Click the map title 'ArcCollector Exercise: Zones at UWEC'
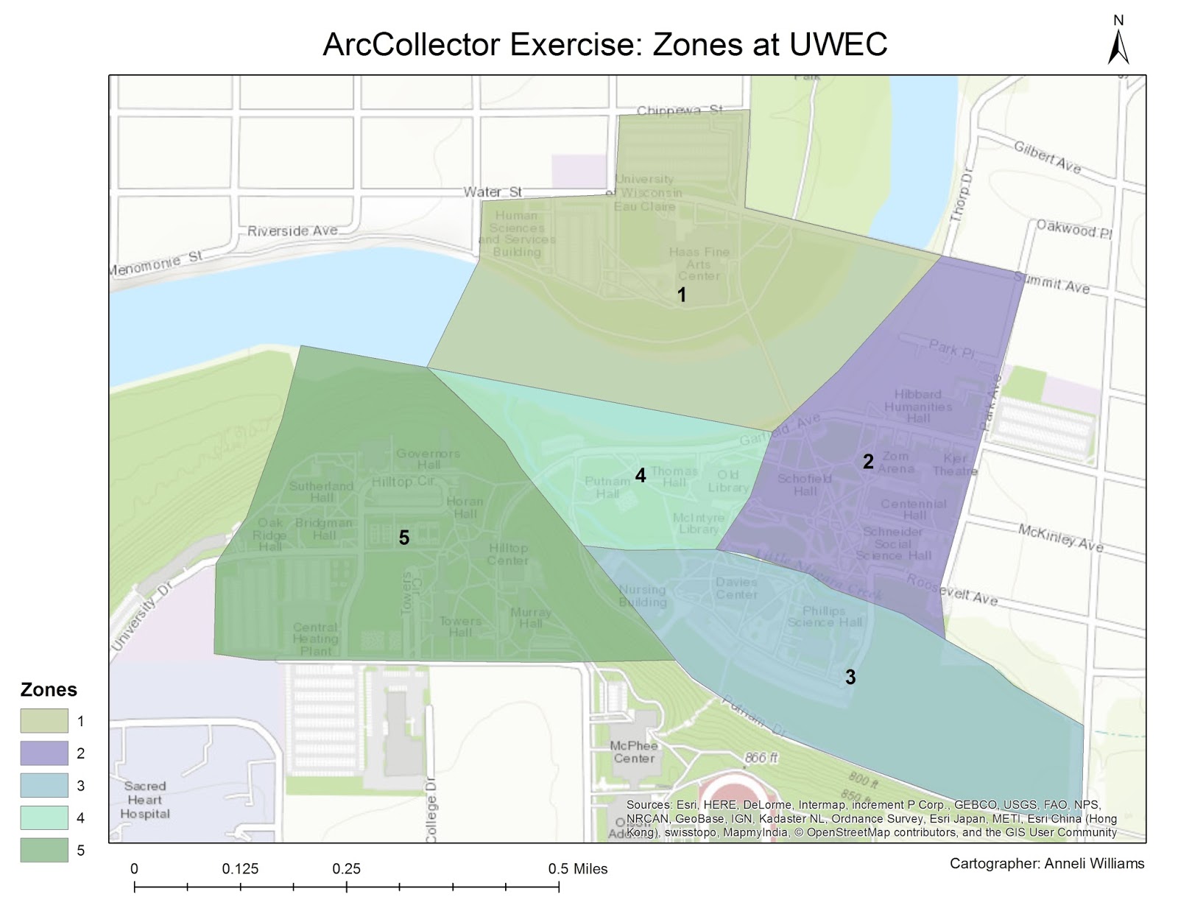pyautogui.click(x=604, y=45)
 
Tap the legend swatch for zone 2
pyautogui.click(x=44, y=753)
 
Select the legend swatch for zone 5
pyautogui.click(x=44, y=850)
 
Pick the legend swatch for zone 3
pyautogui.click(x=44, y=785)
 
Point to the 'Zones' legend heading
pyautogui.click(x=49, y=689)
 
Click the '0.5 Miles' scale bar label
pyautogui.click(x=577, y=869)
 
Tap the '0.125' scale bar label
pyautogui.click(x=240, y=869)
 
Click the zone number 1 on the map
pyautogui.click(x=682, y=295)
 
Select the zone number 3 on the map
pyautogui.click(x=850, y=677)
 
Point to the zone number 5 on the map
pyautogui.click(x=404, y=538)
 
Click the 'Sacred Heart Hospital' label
pyautogui.click(x=145, y=800)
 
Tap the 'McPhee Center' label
pyautogui.click(x=633, y=752)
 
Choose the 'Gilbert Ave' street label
pyautogui.click(x=1047, y=158)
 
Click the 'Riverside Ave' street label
pyautogui.click(x=292, y=231)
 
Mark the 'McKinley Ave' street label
pyautogui.click(x=1060, y=538)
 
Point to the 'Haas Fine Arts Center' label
pyautogui.click(x=699, y=263)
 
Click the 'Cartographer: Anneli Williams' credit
pyautogui.click(x=1046, y=863)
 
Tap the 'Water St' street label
pyautogui.click(x=493, y=191)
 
